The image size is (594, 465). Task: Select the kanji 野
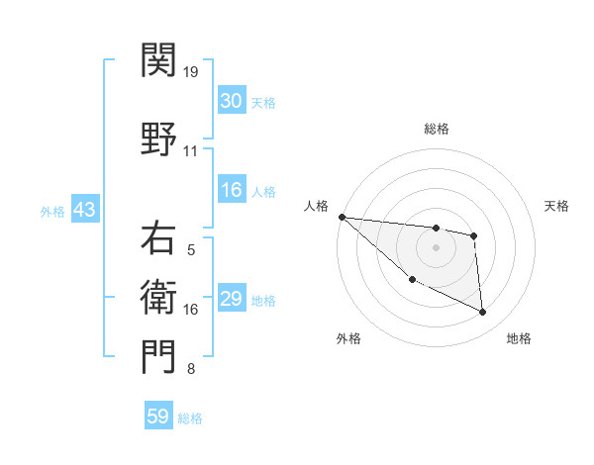click(x=158, y=136)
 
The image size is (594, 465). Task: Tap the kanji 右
click(x=158, y=239)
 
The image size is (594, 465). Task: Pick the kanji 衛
click(x=158, y=293)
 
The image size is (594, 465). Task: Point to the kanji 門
click(x=158, y=356)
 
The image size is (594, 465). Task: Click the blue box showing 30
click(x=231, y=101)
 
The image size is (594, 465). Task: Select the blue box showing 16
click(x=231, y=190)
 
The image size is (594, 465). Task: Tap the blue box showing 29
click(x=231, y=299)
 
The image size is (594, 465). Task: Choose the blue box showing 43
click(x=84, y=210)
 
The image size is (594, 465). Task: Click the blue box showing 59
click(x=158, y=417)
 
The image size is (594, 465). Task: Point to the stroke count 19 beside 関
click(x=190, y=71)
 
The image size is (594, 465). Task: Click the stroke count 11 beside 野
click(x=190, y=150)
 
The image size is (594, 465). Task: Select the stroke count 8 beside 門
click(x=190, y=369)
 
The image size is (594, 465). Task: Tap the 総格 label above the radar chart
click(x=437, y=129)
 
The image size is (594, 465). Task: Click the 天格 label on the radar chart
click(x=556, y=206)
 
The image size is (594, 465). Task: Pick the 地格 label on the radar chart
click(x=519, y=338)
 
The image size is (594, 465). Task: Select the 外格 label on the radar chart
click(x=348, y=338)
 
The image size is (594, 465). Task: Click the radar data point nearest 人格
click(x=342, y=217)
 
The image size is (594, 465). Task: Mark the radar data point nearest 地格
click(x=483, y=313)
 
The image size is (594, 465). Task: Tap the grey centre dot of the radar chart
click(x=436, y=247)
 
